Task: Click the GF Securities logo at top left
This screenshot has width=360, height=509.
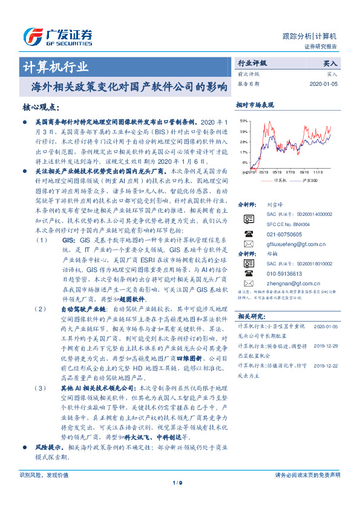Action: (57, 35)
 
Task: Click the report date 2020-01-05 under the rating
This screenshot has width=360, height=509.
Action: (322, 84)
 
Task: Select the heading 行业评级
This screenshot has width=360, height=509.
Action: (252, 63)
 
